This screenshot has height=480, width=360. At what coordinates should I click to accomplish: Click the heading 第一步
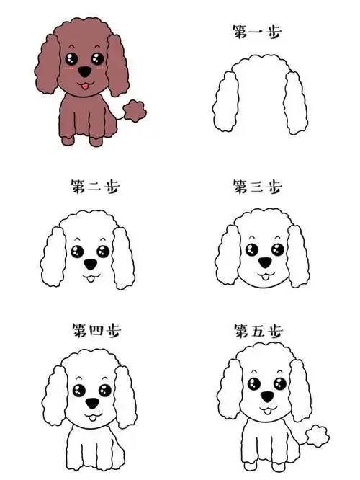(x=257, y=31)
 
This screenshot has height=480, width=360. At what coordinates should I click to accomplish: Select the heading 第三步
(x=257, y=187)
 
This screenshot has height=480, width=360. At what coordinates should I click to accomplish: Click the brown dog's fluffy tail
(x=135, y=110)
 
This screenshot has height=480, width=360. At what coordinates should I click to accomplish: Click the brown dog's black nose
(x=85, y=73)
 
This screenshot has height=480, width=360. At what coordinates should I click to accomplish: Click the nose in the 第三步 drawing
(x=266, y=263)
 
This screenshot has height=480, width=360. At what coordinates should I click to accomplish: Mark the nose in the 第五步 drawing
(x=266, y=397)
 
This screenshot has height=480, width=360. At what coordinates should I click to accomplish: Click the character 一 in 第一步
(x=257, y=32)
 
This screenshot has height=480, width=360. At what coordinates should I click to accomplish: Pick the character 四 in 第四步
(x=95, y=331)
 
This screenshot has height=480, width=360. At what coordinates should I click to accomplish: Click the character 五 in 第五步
(x=257, y=331)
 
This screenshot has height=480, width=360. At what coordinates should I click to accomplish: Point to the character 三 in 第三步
(x=257, y=187)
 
